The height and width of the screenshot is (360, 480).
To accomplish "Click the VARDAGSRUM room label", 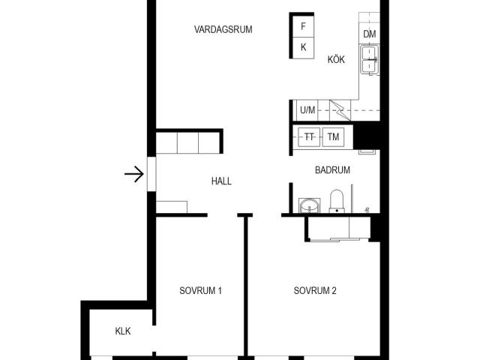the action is pos(223,29).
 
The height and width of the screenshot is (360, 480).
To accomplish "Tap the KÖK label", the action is pos(336,59).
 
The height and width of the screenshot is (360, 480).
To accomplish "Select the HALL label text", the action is pos(221,181).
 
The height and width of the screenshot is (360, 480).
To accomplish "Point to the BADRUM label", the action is pos(332,170).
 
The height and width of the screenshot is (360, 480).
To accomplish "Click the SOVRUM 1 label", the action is pos(200,290).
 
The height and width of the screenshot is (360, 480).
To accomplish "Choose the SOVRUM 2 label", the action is pos(315,290).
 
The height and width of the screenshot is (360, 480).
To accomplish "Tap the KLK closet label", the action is pos(123,331).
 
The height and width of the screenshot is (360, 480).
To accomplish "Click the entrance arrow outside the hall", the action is pos(134,174).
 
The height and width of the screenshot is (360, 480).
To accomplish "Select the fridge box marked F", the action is pos(303,26).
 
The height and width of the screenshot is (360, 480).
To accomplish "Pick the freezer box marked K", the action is pos(303,48).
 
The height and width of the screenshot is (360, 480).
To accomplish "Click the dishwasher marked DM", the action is pos(370,34).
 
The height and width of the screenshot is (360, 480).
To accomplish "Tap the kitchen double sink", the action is pos(370,60).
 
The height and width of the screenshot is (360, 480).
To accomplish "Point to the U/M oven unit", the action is pos(307,110).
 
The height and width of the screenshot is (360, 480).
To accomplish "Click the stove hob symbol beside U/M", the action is pos(340,110).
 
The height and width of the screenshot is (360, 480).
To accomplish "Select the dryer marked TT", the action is pos(309,136).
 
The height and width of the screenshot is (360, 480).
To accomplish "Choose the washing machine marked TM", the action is pos(333,136).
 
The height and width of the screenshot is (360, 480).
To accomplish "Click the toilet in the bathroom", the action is pos(337,201).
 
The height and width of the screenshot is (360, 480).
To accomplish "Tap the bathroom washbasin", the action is pos(310,205).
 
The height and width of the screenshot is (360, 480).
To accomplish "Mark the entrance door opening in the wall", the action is pos(151,174).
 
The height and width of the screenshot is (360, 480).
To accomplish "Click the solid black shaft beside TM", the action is pos(367,136).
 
